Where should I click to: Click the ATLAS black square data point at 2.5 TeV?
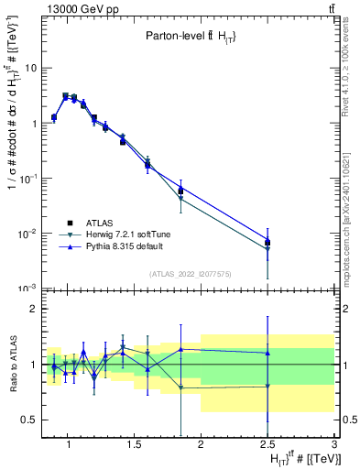click(x=267, y=243)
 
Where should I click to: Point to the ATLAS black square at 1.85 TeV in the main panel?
click(x=180, y=191)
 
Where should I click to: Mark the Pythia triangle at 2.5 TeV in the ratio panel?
click(x=267, y=353)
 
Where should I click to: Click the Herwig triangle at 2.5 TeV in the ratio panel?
click(x=267, y=387)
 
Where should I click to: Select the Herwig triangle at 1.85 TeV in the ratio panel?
click(x=180, y=387)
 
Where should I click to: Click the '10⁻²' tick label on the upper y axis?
click(x=27, y=234)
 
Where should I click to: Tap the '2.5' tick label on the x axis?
click(x=267, y=446)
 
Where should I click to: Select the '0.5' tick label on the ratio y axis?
click(x=28, y=420)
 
